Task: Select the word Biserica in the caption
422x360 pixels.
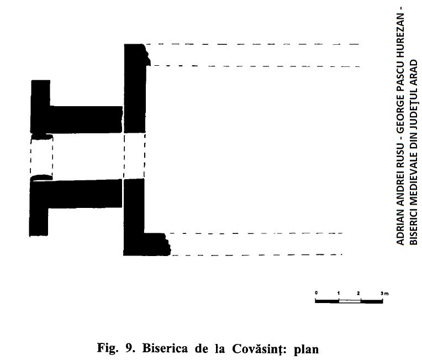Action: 165,348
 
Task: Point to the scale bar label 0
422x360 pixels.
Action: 317,293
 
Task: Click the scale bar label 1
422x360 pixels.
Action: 339,293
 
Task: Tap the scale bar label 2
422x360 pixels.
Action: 358,293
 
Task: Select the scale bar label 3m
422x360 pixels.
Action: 384,294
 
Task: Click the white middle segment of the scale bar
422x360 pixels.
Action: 350,301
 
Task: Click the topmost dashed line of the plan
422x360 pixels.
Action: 252,44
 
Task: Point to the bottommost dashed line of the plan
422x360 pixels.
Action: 257,254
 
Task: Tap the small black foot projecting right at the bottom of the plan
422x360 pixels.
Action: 157,244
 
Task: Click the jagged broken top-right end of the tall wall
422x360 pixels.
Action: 147,55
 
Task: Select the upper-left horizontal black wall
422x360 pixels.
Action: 86,119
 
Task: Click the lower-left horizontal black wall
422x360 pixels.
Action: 85,194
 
